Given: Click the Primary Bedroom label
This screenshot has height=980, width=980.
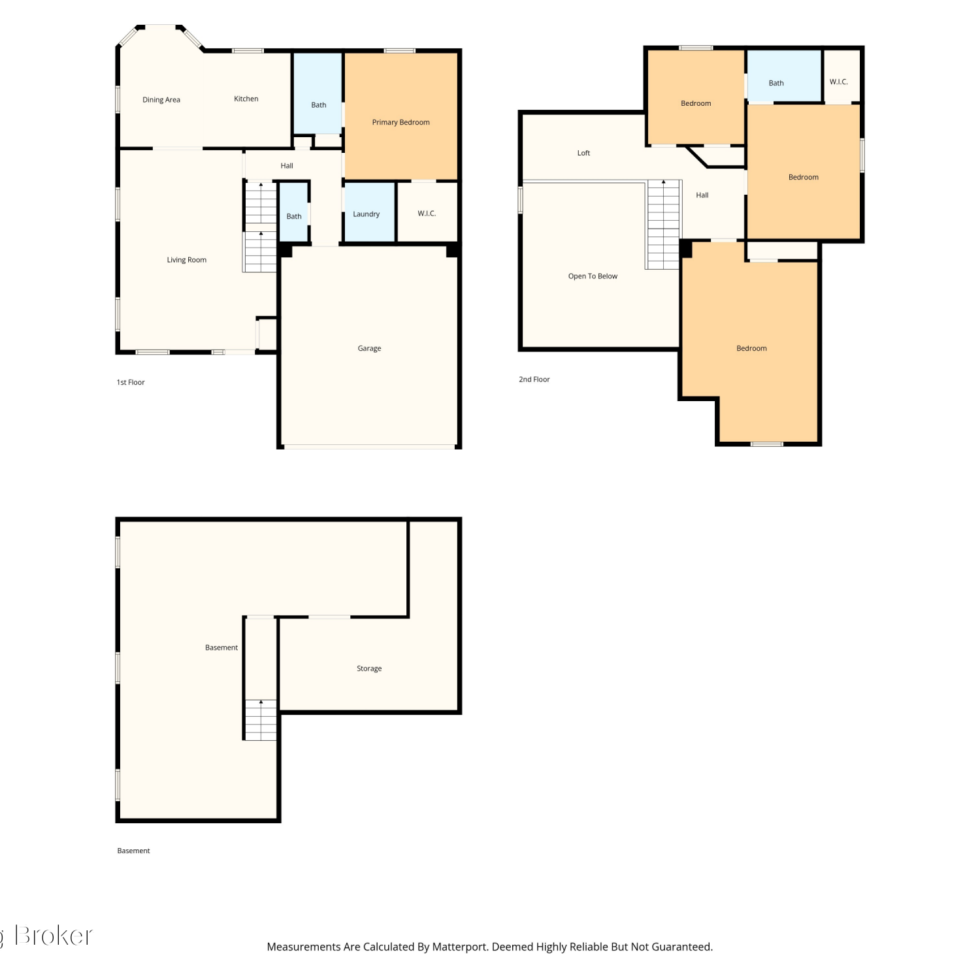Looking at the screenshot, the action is pos(400,122).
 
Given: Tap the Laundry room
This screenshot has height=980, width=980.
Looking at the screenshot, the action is pos(369,212).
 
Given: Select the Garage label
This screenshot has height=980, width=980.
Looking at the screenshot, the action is pos(369,348).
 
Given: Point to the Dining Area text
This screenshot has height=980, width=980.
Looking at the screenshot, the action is pos(161,100).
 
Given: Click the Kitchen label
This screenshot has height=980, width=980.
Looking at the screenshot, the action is pos(246,99).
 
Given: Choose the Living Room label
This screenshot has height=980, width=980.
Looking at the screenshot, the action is pos(187,260).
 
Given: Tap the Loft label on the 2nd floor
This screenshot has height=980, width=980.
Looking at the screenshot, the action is pos(583,153).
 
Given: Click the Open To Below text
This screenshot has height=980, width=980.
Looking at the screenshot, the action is pos(593,276).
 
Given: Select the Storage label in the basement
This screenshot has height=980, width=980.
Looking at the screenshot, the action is pos(369,668).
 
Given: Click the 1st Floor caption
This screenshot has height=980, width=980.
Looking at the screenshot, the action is pos(131,382).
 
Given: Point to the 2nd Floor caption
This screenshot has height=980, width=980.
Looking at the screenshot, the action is pos(534,379).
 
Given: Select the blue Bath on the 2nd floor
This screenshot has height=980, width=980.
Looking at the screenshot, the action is pos(784,76).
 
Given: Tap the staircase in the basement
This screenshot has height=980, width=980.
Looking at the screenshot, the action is pos(261,720).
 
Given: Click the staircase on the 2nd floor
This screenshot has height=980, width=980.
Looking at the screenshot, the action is pos(663,225).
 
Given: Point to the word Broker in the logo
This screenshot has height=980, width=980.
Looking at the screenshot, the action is pos(54,936).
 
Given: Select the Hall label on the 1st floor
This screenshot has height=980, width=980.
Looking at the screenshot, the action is pos(287,166).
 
